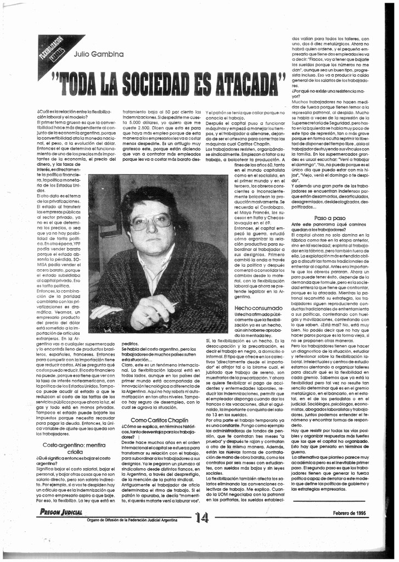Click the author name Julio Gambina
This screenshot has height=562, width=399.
point(98,54)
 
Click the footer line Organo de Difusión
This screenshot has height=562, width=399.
point(132,520)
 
